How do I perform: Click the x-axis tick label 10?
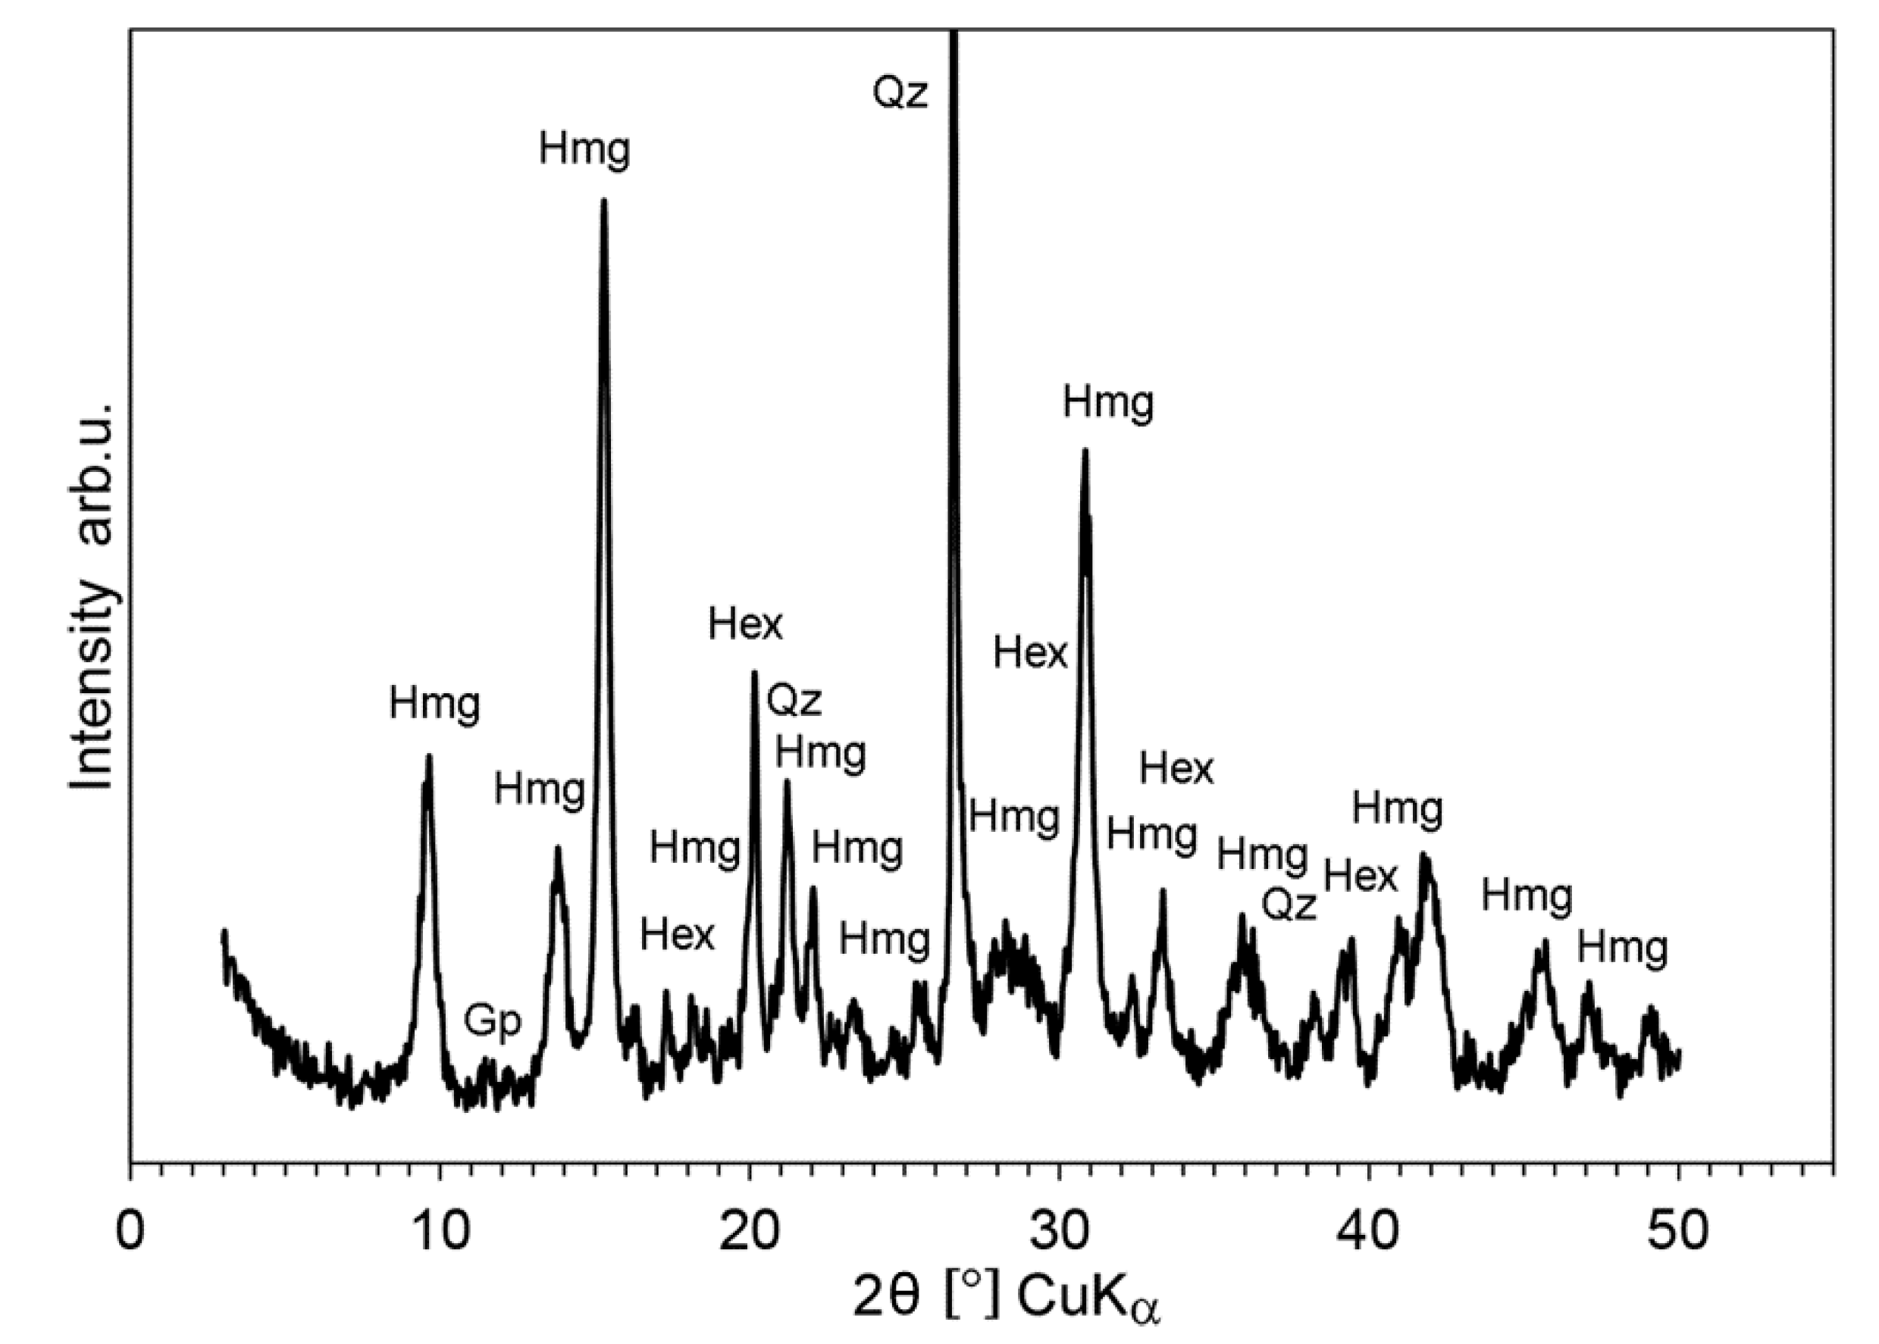click(440, 1230)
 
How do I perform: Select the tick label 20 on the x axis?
click(749, 1230)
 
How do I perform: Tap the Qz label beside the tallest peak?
click(900, 92)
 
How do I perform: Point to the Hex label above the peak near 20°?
click(745, 625)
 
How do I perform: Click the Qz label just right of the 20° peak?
click(794, 700)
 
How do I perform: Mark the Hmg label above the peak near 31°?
click(1107, 404)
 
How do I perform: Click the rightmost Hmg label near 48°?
click(1621, 949)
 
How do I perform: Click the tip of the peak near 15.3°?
click(603, 200)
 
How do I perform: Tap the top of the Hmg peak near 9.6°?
click(429, 755)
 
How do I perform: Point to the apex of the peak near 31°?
click(1085, 451)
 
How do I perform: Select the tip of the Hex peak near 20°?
click(753, 672)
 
